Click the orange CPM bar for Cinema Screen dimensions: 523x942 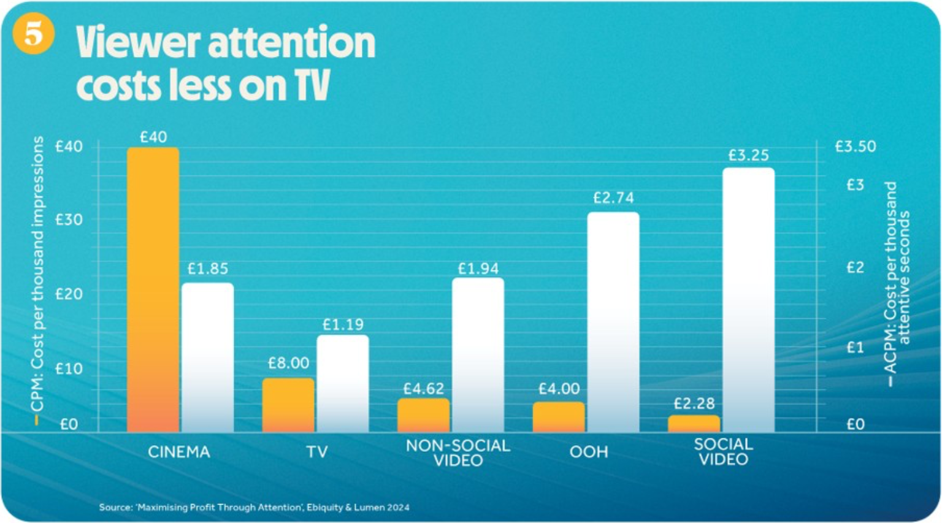(153, 289)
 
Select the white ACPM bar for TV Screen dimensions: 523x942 (343, 383)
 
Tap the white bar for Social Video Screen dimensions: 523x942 (748, 300)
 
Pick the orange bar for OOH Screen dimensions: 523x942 (559, 417)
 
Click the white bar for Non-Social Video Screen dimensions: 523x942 (478, 355)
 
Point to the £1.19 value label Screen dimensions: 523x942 (343, 324)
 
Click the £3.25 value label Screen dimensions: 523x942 (748, 156)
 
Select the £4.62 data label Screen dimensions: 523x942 (423, 389)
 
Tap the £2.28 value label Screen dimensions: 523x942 (694, 403)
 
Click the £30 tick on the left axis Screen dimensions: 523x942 (69, 220)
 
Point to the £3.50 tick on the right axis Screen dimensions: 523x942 (855, 147)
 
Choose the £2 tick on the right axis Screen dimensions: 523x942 (855, 267)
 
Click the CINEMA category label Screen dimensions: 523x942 (179, 452)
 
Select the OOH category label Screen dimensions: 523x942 (589, 452)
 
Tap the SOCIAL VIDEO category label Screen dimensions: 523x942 (723, 452)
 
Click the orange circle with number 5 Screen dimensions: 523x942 (33, 33)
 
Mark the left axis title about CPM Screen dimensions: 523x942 (38, 274)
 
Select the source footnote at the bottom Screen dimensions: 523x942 (254, 507)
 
